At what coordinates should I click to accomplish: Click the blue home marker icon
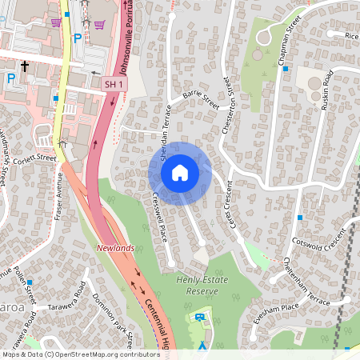pyautogui.click(x=180, y=173)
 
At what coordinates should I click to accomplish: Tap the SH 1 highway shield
pyautogui.click(x=114, y=83)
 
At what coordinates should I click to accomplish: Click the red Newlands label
pyautogui.click(x=116, y=249)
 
